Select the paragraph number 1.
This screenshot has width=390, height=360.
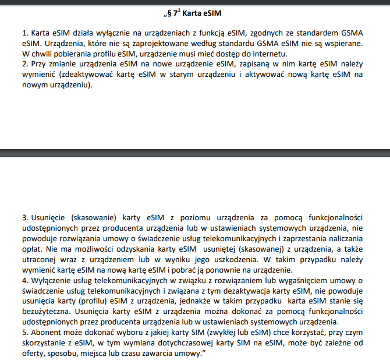point(24,33)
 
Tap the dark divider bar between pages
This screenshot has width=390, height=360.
point(195,153)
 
